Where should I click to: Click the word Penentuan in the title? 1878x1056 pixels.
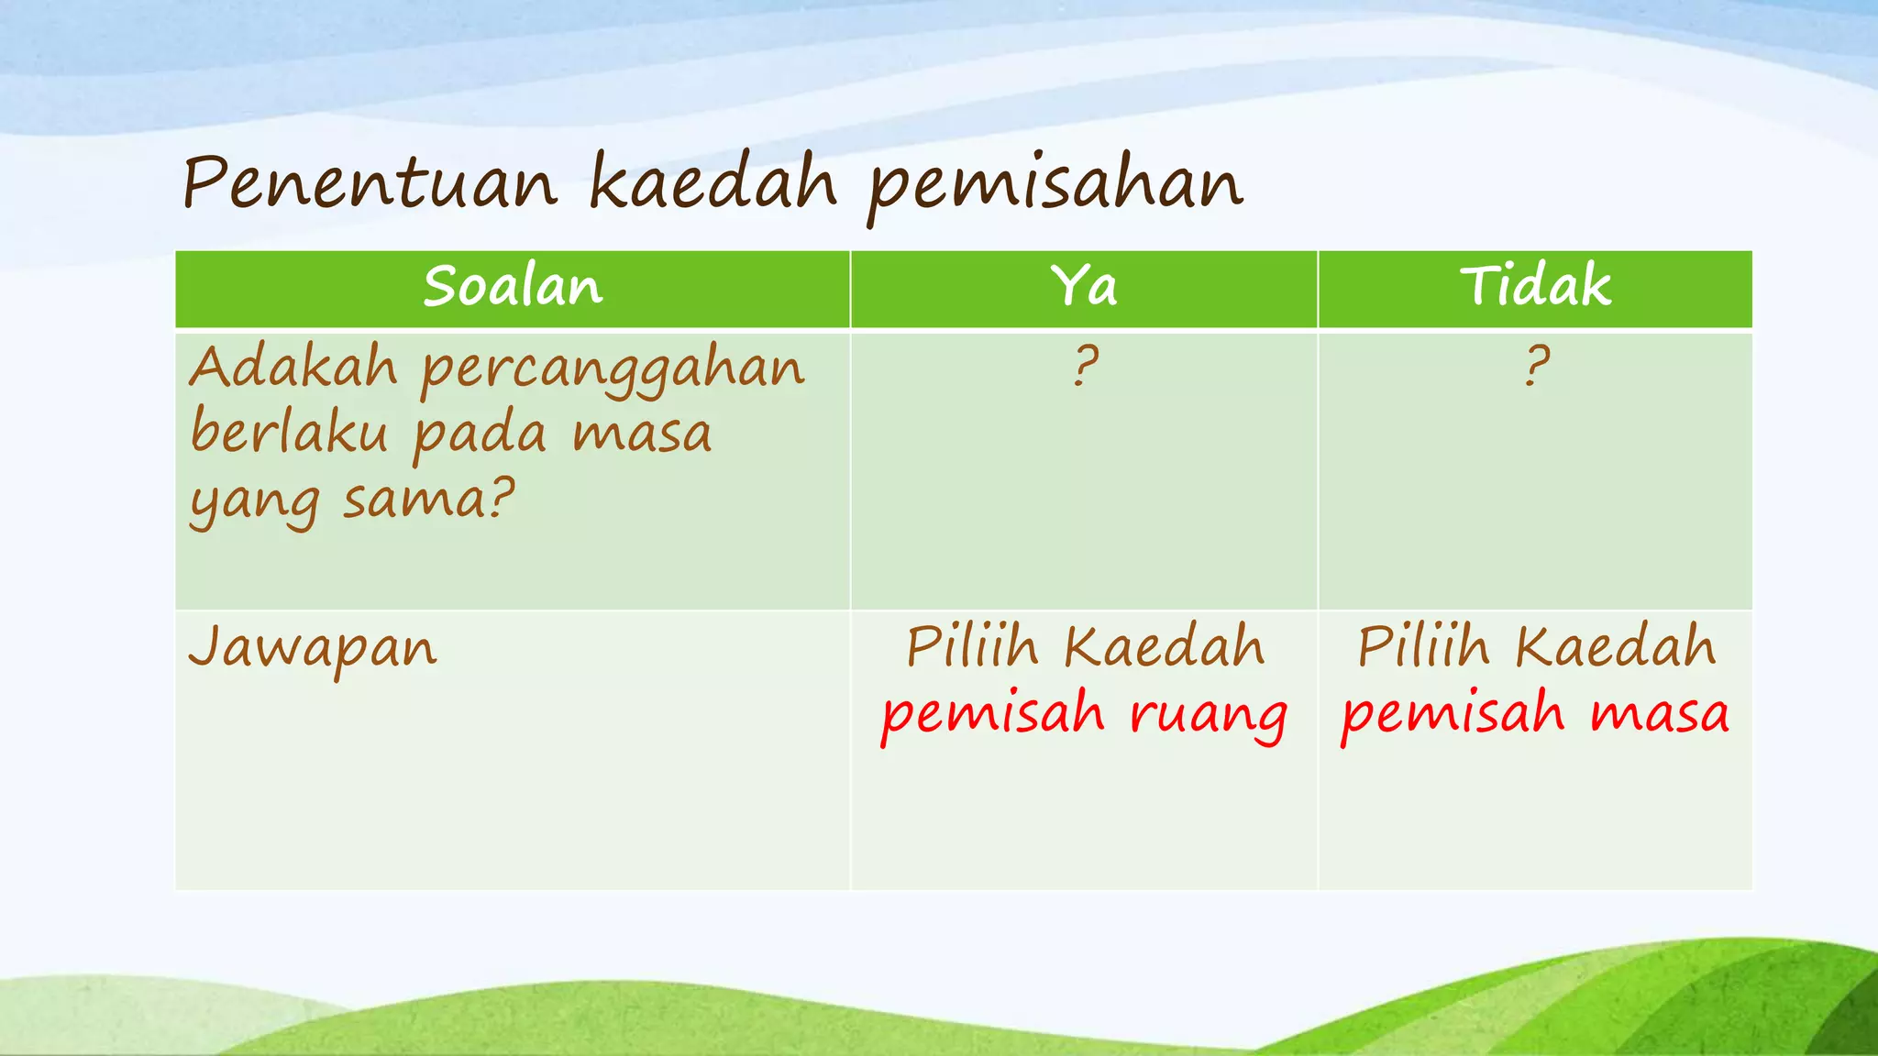pos(370,183)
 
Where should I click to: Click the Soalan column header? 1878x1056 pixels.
pos(513,287)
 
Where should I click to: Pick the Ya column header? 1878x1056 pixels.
pos(1083,287)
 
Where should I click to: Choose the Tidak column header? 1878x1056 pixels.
pos(1535,286)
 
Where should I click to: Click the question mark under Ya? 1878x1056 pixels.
pos(1085,366)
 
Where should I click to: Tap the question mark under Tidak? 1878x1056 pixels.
pos(1536,366)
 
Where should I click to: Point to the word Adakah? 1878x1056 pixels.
pos(293,368)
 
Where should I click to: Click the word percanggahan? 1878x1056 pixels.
pos(613,371)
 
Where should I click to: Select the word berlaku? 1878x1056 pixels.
pos(289,433)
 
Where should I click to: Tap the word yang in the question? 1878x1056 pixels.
pos(254,502)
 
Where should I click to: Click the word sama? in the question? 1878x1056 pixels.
pos(428,500)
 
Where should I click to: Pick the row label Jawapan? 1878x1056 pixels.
pos(313,649)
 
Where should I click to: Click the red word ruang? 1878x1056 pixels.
pos(1208,716)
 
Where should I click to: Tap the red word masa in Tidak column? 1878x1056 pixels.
pos(1660,714)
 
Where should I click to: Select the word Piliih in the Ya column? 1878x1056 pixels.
pos(972,647)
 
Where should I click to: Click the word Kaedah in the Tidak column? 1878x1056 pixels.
pos(1615,647)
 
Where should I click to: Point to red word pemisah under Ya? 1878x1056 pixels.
pos(992,716)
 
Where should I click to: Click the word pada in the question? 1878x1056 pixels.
pos(480,434)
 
